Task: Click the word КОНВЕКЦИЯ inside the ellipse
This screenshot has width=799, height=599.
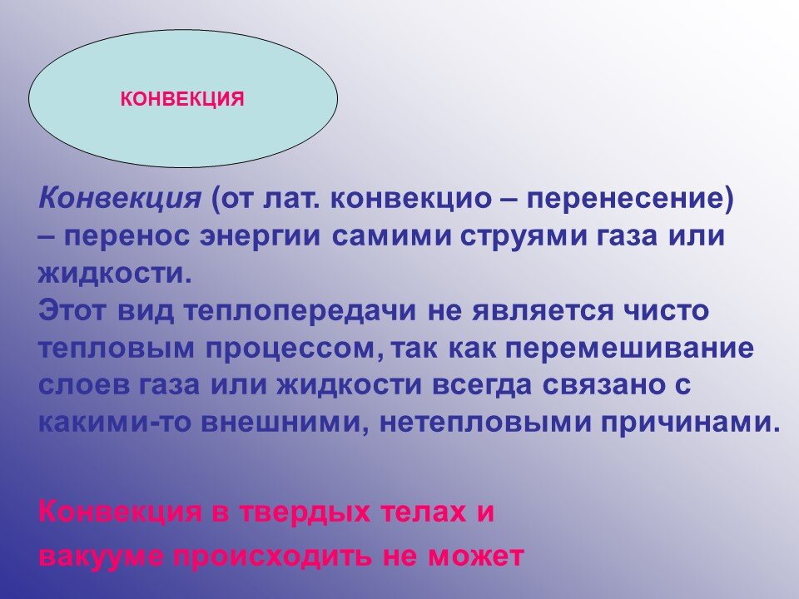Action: (x=182, y=99)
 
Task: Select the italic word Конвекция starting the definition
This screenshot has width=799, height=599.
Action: (x=120, y=199)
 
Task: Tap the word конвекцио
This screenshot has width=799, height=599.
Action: (x=410, y=199)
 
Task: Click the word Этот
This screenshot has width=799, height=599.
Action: (x=73, y=310)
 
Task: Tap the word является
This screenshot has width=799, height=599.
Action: (x=543, y=311)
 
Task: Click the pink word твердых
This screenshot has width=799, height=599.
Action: (x=305, y=512)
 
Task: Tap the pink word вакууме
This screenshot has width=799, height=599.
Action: (x=102, y=557)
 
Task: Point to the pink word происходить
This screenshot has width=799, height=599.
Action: (x=273, y=556)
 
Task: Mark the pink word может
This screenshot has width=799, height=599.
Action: (x=476, y=557)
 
